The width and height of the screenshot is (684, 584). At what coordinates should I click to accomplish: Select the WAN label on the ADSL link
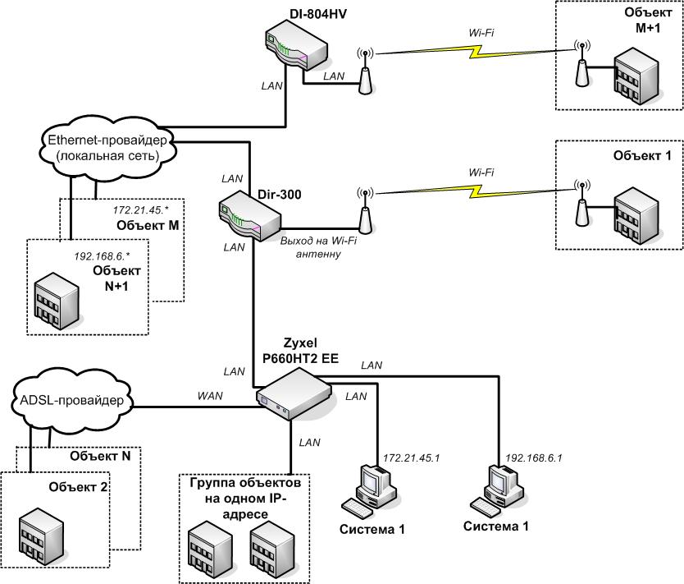(x=209, y=396)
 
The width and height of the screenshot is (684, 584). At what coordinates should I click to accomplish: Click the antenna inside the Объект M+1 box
(x=581, y=63)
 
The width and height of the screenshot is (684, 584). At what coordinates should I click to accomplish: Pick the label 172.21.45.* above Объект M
(x=135, y=211)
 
